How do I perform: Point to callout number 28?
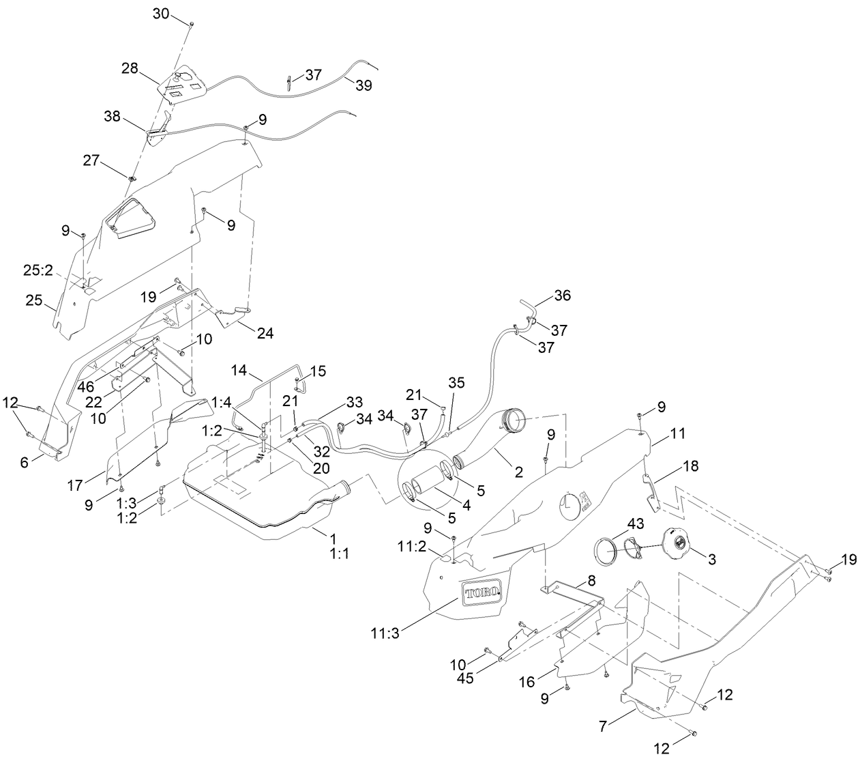point(130,68)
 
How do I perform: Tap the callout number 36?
point(563,296)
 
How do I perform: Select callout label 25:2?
point(38,270)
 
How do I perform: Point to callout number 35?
point(456,383)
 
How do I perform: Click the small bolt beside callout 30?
point(191,24)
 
